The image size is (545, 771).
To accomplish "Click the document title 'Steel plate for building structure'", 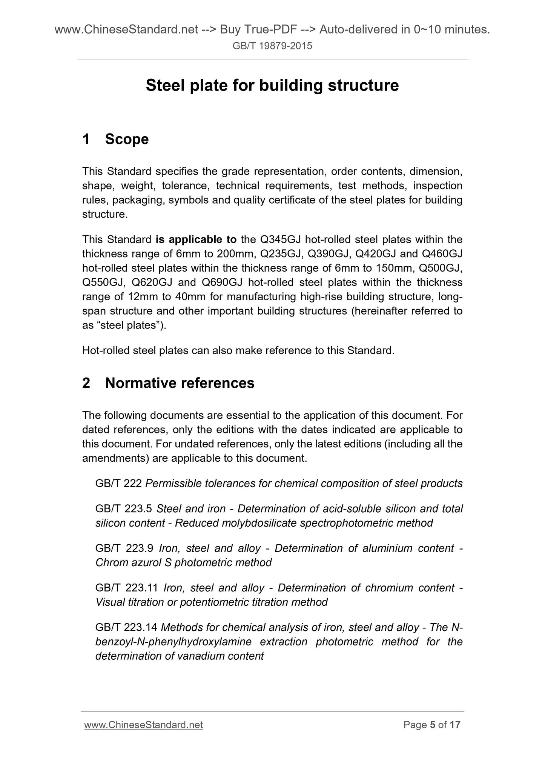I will point(272,86).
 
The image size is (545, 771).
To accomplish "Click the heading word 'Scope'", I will point(127,139).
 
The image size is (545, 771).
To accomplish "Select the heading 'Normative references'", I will point(180,383).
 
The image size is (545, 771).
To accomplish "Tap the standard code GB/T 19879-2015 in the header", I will point(272,46).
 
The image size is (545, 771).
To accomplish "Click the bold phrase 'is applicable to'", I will point(196,240).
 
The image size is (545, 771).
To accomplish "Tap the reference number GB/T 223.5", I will point(123,509).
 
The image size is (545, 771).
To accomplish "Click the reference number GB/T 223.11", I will point(126,588).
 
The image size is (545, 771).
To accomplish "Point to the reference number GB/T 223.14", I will point(126,628).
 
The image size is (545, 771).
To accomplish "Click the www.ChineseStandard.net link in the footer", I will point(144,725).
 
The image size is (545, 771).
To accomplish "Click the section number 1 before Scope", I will point(86,139).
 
